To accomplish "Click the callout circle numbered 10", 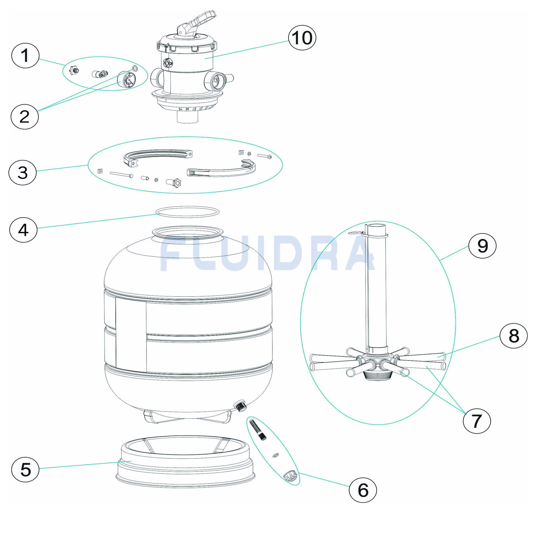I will coord(302,38).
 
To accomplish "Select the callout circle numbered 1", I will coord(25,55).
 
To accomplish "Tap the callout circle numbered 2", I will coord(24,117).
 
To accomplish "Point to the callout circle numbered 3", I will coord(22,173).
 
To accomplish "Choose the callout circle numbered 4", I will coord(23,230).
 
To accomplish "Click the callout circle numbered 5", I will coord(25,469).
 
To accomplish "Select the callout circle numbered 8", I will coord(514,336).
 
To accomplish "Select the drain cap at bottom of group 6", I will coord(291,476).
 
